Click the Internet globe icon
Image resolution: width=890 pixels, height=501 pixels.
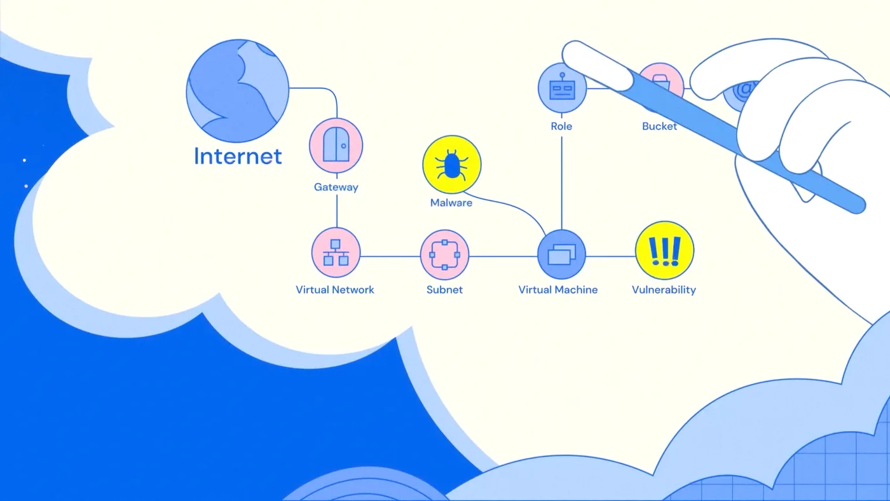point(238,90)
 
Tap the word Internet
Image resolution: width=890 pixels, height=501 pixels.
point(238,156)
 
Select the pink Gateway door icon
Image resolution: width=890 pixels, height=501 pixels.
point(336,146)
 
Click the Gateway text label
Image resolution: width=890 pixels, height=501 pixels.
point(336,187)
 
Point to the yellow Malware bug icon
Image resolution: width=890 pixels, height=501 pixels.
point(452,164)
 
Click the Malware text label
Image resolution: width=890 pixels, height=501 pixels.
point(451,203)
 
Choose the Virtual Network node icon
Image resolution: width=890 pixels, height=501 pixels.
point(336,252)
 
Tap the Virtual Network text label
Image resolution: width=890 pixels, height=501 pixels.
point(335,290)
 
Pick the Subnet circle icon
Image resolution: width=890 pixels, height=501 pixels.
point(444,255)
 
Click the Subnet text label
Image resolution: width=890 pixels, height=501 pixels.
point(444,290)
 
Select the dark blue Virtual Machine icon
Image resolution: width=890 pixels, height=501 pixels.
point(561,254)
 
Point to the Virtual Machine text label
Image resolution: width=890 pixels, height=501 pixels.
point(558,290)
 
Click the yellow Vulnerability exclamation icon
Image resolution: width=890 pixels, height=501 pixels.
point(665,251)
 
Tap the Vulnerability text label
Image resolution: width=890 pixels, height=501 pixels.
point(664,290)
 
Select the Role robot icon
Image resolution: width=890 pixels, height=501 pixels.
point(562,88)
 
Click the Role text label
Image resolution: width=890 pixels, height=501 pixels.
point(561,127)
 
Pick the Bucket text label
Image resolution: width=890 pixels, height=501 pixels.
point(660,127)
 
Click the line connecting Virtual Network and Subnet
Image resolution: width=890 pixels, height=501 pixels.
point(390,256)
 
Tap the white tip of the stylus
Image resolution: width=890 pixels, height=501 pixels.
point(596,64)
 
